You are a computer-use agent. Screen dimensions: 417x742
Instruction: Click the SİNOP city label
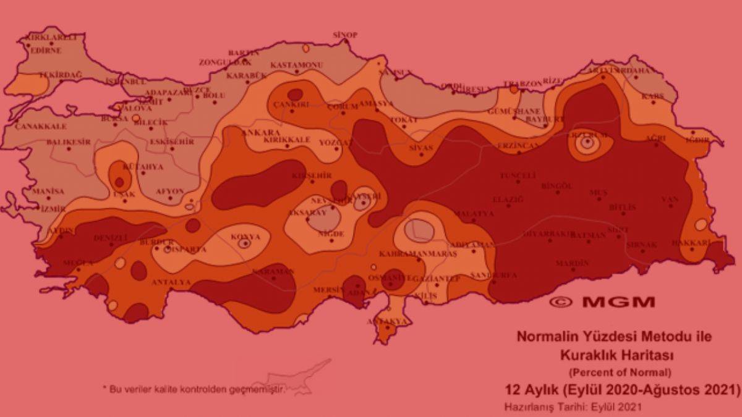click(345, 35)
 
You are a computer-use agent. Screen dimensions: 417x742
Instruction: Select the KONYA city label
click(245, 237)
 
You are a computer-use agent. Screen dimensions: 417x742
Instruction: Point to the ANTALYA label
click(171, 282)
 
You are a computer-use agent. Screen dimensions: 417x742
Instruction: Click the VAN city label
click(670, 199)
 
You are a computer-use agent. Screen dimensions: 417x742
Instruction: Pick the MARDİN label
click(572, 263)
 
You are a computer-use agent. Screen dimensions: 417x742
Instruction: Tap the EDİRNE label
click(46, 51)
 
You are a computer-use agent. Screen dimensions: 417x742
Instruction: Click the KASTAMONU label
click(297, 65)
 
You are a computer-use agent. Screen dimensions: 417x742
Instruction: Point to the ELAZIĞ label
click(508, 200)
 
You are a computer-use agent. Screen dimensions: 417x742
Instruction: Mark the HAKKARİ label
click(691, 243)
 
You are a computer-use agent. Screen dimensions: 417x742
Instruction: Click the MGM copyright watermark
click(602, 302)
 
